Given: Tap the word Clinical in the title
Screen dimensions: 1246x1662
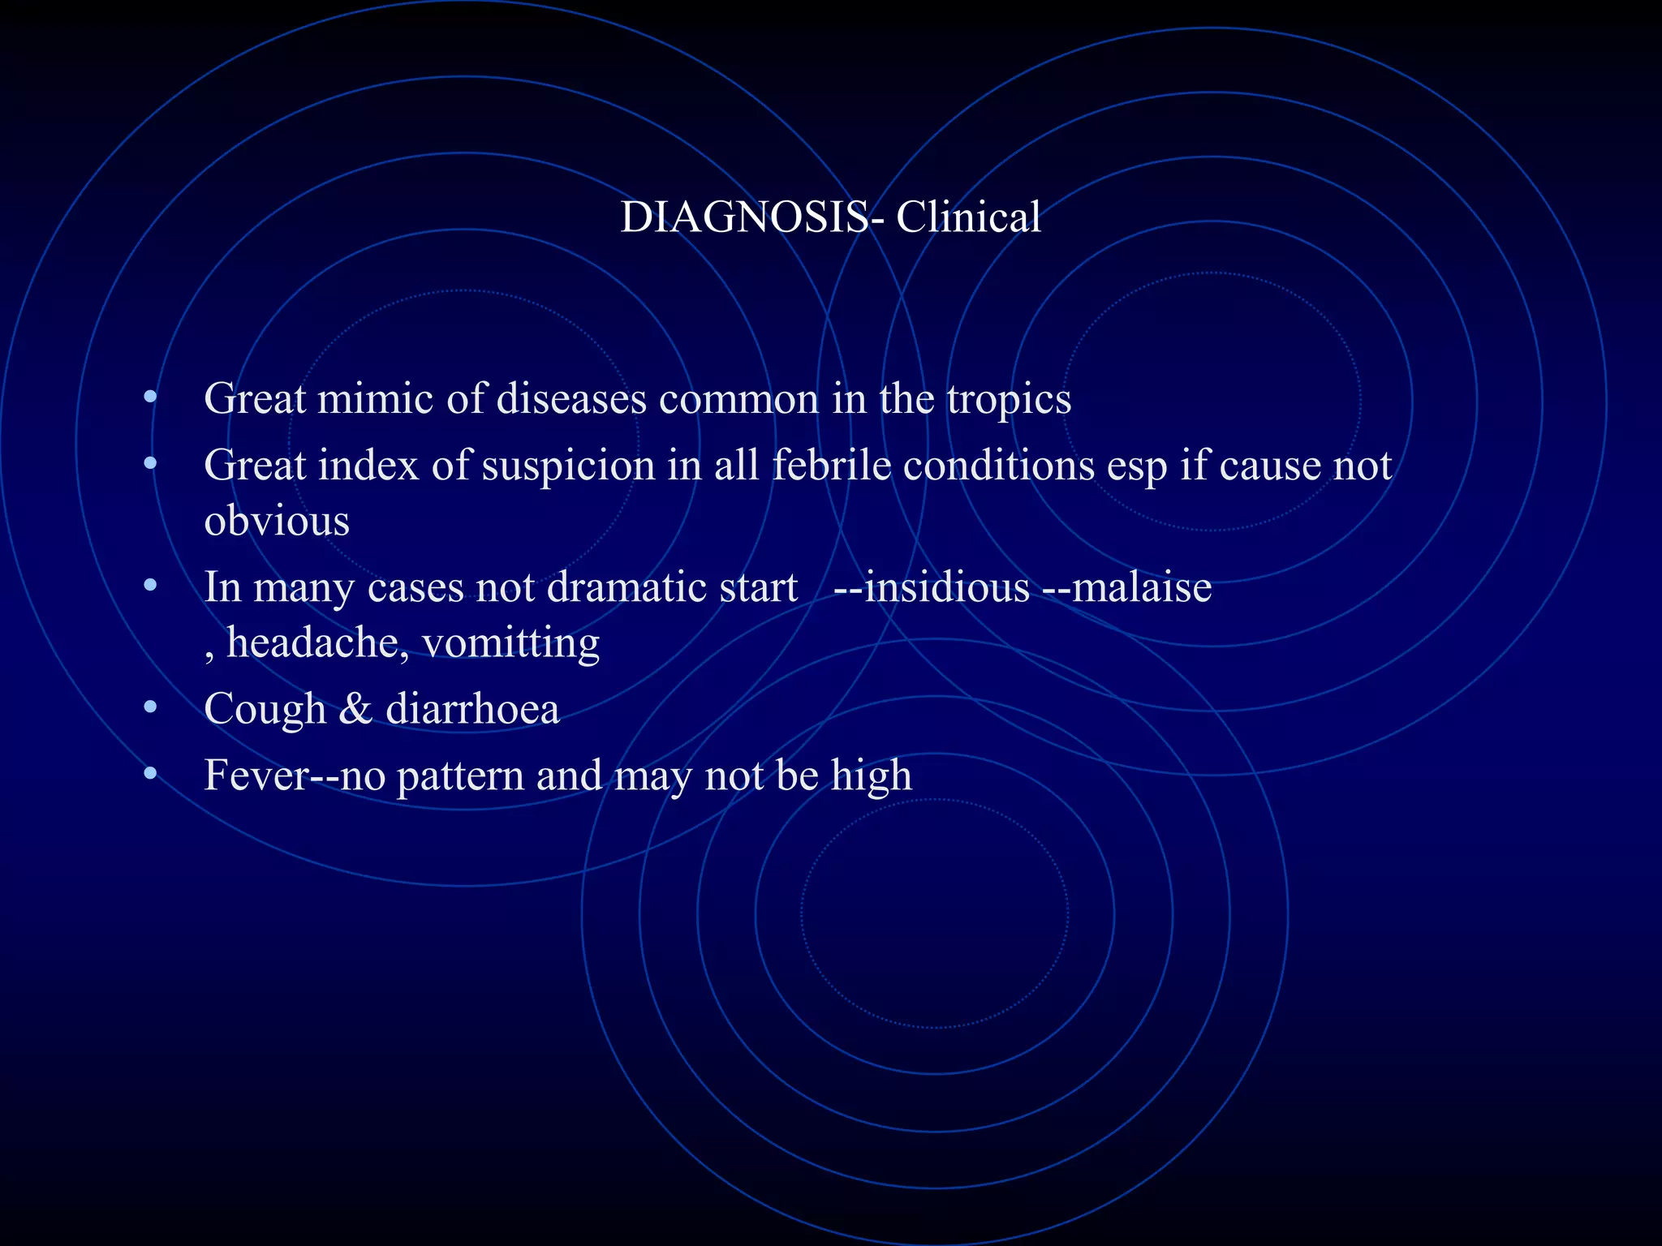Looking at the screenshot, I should coord(967,217).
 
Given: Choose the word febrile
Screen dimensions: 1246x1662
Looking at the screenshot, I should coord(831,466).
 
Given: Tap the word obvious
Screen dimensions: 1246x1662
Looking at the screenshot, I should coord(277,521).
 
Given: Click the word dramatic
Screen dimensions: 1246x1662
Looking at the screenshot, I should coord(616,587).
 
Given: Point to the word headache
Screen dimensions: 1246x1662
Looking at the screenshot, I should coord(312,643).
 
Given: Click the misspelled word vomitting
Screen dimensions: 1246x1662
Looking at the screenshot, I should coord(510,643).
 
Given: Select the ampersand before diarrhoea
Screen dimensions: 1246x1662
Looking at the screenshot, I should coord(355,710).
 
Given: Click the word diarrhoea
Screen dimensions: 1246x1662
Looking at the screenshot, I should coord(472,710).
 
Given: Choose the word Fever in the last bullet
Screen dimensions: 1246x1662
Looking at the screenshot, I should coord(256,776).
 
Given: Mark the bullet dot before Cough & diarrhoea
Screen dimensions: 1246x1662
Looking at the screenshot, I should coord(149,708).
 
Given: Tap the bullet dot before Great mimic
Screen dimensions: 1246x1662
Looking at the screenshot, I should coord(149,397).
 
